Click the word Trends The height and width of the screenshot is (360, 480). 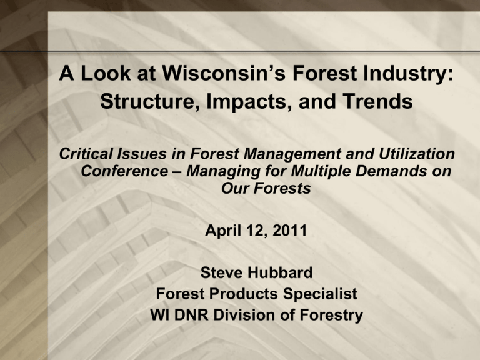(377, 101)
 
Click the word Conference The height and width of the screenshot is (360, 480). (124, 171)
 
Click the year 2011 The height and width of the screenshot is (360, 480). (289, 230)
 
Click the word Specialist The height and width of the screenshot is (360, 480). (320, 294)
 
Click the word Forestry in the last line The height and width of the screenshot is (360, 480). (331, 315)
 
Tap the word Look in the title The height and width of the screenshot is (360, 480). (106, 73)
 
